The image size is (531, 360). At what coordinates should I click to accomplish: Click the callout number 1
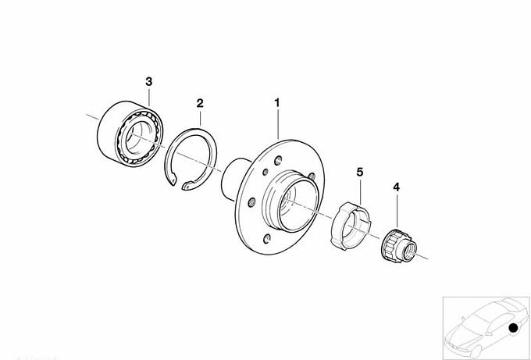click(277, 103)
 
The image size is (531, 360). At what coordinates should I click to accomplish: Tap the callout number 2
click(200, 103)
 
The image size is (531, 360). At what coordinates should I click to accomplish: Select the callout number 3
click(149, 82)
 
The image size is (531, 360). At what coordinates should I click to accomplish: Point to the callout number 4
click(396, 187)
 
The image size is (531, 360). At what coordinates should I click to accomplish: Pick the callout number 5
click(360, 172)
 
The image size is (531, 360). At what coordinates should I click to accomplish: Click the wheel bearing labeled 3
click(130, 134)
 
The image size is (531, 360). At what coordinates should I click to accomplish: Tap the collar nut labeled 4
click(399, 245)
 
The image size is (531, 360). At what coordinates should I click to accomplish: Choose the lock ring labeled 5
click(351, 225)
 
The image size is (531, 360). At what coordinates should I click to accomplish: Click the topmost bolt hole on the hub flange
click(278, 160)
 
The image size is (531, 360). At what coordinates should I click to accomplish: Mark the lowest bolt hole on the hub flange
click(267, 239)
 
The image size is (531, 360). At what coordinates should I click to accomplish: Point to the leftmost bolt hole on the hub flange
click(251, 202)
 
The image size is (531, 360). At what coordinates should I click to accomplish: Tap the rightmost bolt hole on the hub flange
click(312, 176)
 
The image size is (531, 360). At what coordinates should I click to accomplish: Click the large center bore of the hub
click(298, 206)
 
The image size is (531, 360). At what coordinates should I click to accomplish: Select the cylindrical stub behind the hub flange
click(233, 178)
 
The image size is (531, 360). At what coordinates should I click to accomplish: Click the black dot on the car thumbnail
click(513, 328)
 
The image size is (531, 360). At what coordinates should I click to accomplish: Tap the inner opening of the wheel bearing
click(139, 135)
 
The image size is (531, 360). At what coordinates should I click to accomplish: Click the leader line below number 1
click(278, 124)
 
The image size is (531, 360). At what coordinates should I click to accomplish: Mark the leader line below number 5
click(360, 191)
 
